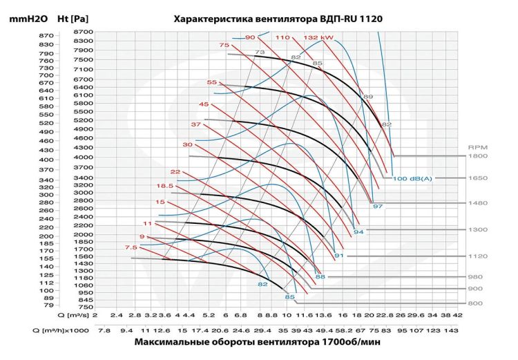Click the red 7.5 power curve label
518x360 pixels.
(131, 247)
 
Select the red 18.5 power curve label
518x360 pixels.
(164, 186)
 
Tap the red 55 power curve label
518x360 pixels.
(212, 82)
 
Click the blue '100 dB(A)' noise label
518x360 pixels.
(412, 178)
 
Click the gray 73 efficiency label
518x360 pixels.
(260, 53)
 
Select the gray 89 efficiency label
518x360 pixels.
(368, 97)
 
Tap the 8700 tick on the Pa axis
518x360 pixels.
(82, 32)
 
